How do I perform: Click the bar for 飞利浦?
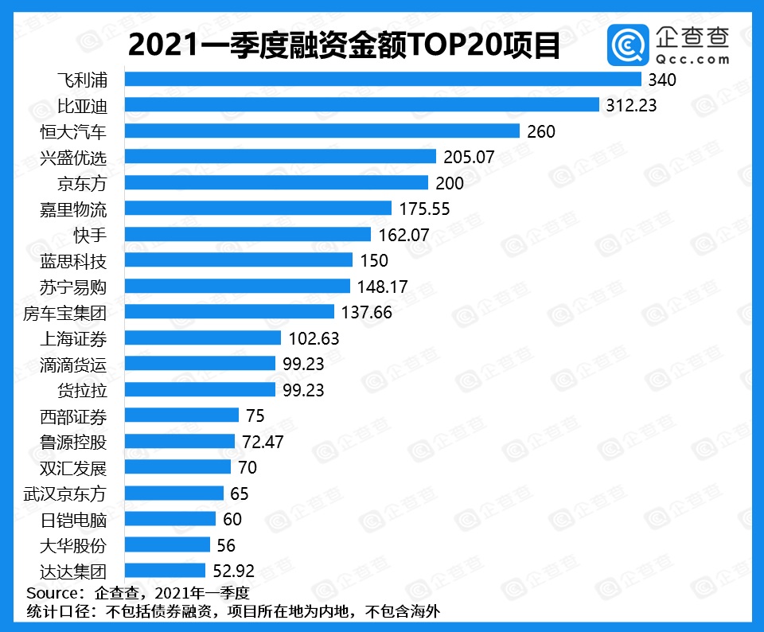pos(382,80)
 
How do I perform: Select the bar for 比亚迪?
pos(361,105)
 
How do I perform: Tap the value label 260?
pos(541,131)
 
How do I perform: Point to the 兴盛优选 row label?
pos(72,157)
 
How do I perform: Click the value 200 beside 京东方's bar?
pos(450,183)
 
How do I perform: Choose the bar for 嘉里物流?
pos(258,209)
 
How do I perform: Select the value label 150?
pos(374,260)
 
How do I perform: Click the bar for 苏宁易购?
pos(237,286)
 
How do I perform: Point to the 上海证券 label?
pos(72,337)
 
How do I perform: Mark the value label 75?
pos(255,415)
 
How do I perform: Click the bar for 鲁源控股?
pos(180,441)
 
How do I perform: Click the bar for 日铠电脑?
pos(170,519)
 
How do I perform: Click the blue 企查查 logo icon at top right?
pos(628,45)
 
